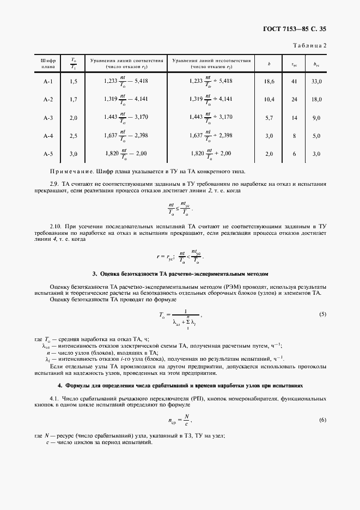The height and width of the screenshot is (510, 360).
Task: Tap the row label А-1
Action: tap(48, 81)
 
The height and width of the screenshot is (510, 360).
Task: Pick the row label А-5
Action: tap(48, 154)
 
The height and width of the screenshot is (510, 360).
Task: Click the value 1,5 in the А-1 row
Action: tap(74, 81)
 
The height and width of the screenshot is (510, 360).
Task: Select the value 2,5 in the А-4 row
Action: tap(74, 136)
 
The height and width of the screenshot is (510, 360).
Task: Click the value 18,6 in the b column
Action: tap(269, 81)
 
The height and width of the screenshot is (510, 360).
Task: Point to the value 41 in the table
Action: tap(294, 81)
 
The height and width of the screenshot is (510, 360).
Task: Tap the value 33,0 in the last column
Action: tap(316, 81)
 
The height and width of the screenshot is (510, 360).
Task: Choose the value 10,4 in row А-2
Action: tap(269, 99)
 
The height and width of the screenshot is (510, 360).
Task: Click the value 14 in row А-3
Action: tap(294, 118)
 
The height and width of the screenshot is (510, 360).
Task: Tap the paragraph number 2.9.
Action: tap(54, 184)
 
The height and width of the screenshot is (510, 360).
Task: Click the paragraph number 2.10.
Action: tap(56, 225)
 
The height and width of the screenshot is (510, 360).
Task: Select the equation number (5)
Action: tap(322, 315)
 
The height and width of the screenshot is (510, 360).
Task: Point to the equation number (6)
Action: tap(322, 420)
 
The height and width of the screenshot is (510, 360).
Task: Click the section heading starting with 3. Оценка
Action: tap(180, 273)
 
